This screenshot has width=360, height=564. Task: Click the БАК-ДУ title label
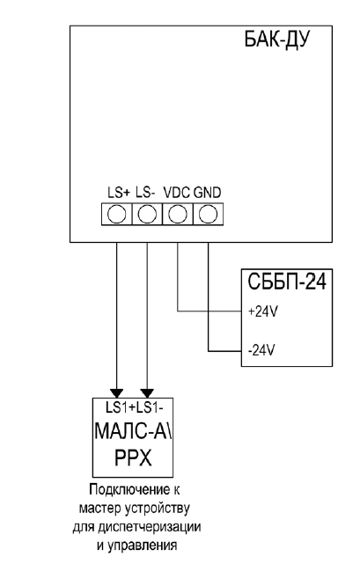click(x=277, y=40)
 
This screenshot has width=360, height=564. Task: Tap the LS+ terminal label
click(x=119, y=193)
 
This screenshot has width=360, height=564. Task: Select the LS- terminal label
click(x=145, y=193)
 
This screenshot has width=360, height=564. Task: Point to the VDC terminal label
click(x=177, y=193)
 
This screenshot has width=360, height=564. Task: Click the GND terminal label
click(x=208, y=193)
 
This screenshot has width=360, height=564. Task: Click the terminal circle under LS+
click(x=117, y=215)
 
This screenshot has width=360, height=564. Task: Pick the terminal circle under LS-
click(x=147, y=215)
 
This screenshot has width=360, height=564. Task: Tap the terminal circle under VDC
click(x=178, y=215)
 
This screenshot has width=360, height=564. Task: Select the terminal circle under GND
click(x=208, y=215)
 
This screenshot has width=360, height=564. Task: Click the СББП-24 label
click(x=287, y=282)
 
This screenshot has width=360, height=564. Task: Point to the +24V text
click(x=263, y=311)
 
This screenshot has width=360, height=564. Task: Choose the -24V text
click(x=261, y=350)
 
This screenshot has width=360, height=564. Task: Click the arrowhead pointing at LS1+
click(x=117, y=393)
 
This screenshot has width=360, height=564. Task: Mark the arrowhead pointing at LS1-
click(x=147, y=393)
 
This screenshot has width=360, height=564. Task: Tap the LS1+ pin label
click(x=121, y=408)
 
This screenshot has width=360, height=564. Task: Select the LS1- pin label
click(x=150, y=408)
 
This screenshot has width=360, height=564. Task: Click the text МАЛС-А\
click(x=133, y=430)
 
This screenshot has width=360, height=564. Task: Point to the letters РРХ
click(x=133, y=458)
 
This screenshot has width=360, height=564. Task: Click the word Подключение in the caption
click(x=129, y=490)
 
